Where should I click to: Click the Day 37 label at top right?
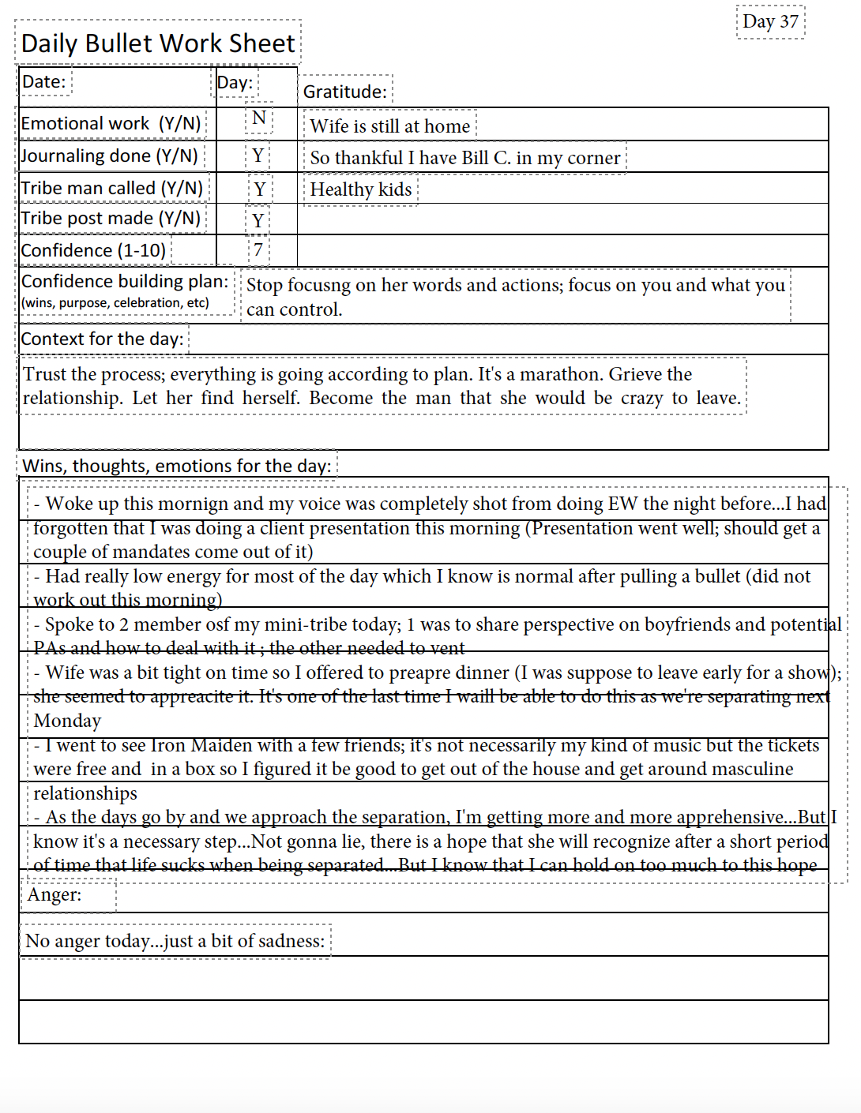(770, 22)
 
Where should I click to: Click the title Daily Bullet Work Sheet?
(158, 43)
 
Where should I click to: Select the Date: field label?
(44, 82)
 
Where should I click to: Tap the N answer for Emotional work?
(259, 118)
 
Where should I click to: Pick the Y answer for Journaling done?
(258, 156)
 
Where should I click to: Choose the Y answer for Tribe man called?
(259, 189)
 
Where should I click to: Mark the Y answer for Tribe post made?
(258, 220)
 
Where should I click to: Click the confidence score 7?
(258, 250)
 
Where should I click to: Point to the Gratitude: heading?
(345, 92)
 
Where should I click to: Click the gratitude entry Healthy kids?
(361, 189)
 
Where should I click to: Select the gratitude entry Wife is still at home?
(390, 126)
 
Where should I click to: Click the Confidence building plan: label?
(125, 282)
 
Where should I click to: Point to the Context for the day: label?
(103, 339)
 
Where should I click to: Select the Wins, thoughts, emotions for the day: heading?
(177, 466)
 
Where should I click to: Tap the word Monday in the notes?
(67, 721)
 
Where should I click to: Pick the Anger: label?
(55, 895)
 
